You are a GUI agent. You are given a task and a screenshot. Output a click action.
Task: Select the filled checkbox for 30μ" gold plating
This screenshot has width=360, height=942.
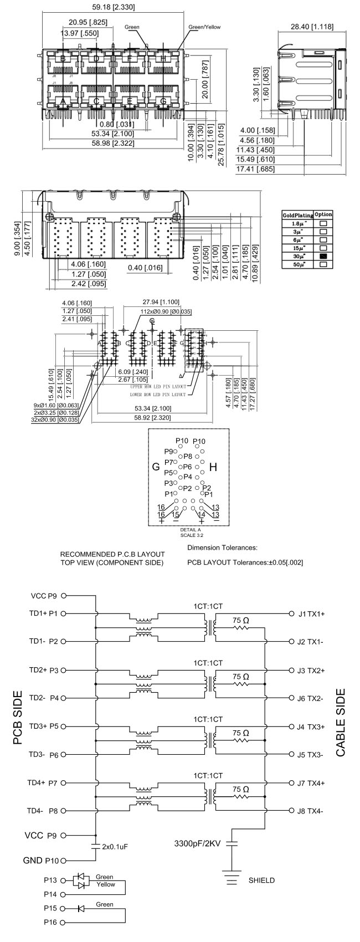pos(323,257)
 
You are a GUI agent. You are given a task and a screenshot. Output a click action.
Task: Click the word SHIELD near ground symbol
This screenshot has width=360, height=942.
pos(261,880)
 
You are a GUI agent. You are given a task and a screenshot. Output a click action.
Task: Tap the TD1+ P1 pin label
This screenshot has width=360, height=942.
pos(44,613)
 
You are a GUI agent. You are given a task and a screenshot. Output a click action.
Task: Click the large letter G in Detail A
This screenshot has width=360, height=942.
pos(156,467)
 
